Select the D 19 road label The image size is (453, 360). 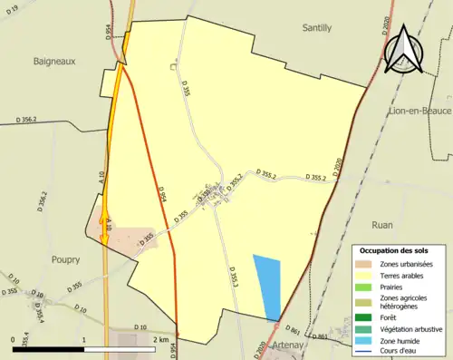click(x=13, y=8)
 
